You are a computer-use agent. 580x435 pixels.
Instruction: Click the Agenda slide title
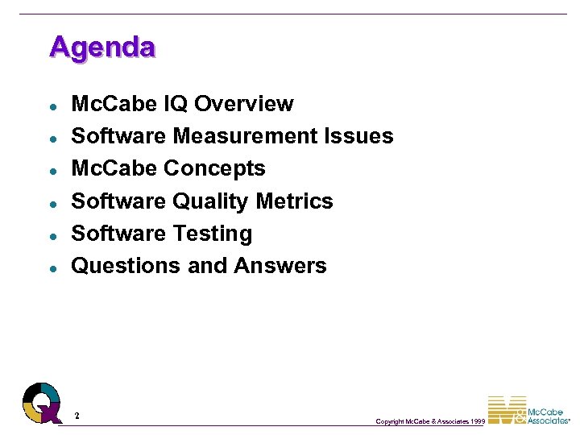tap(101, 46)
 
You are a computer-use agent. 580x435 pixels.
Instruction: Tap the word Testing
tap(215, 234)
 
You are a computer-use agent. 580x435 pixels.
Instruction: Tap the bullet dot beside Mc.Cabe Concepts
tap(51, 171)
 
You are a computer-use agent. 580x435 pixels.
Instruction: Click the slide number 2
tap(77, 416)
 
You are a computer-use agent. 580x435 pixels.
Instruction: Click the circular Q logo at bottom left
tap(42, 402)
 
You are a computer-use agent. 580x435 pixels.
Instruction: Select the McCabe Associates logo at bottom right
tap(529, 410)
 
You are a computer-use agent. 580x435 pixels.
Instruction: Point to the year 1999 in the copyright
tap(476, 421)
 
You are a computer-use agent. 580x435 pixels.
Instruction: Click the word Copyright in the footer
tap(391, 421)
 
